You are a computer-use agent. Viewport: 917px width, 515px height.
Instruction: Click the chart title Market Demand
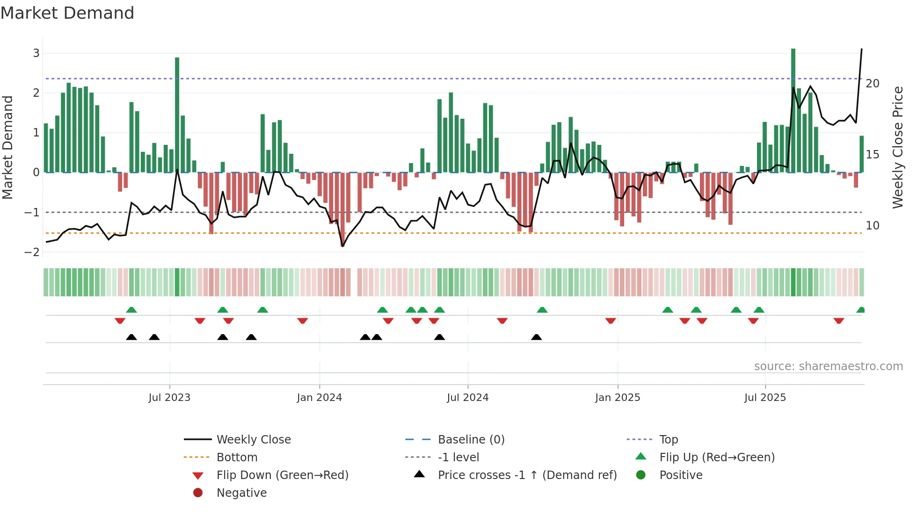pyautogui.click(x=67, y=13)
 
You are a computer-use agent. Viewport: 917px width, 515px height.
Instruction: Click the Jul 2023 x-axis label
pyautogui.click(x=169, y=398)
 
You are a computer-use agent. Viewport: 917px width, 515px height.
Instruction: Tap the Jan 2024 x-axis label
pyautogui.click(x=319, y=398)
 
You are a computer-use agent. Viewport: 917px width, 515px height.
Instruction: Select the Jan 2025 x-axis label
pyautogui.click(x=618, y=398)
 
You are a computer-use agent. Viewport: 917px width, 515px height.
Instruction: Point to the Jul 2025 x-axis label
pyautogui.click(x=765, y=398)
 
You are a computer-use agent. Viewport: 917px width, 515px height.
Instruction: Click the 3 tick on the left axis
pyautogui.click(x=36, y=53)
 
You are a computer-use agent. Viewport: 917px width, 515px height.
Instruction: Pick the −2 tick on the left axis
pyautogui.click(x=32, y=252)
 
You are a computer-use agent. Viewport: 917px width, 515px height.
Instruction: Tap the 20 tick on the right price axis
pyautogui.click(x=873, y=84)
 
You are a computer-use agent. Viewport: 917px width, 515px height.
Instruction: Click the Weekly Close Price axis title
pyautogui.click(x=897, y=147)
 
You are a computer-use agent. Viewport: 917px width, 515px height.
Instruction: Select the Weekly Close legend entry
pyautogui.click(x=253, y=440)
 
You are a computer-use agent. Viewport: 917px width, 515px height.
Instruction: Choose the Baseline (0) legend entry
pyautogui.click(x=471, y=440)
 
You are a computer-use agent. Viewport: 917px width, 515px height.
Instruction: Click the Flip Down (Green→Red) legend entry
pyautogui.click(x=282, y=475)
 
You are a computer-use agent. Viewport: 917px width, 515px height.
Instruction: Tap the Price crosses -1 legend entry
pyautogui.click(x=527, y=475)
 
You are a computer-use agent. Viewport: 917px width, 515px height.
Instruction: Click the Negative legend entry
pyautogui.click(x=241, y=493)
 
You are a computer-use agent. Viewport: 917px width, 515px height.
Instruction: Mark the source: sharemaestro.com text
pyautogui.click(x=828, y=366)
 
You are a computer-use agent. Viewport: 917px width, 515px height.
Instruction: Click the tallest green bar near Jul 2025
pyautogui.click(x=793, y=110)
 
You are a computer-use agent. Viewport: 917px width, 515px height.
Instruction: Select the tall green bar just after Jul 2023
pyautogui.click(x=177, y=114)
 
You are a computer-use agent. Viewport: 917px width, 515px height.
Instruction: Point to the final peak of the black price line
pyautogui.click(x=861, y=49)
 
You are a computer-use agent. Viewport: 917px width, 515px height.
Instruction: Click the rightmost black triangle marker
pyautogui.click(x=537, y=337)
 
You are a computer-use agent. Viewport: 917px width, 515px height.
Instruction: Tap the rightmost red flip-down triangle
pyautogui.click(x=838, y=321)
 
